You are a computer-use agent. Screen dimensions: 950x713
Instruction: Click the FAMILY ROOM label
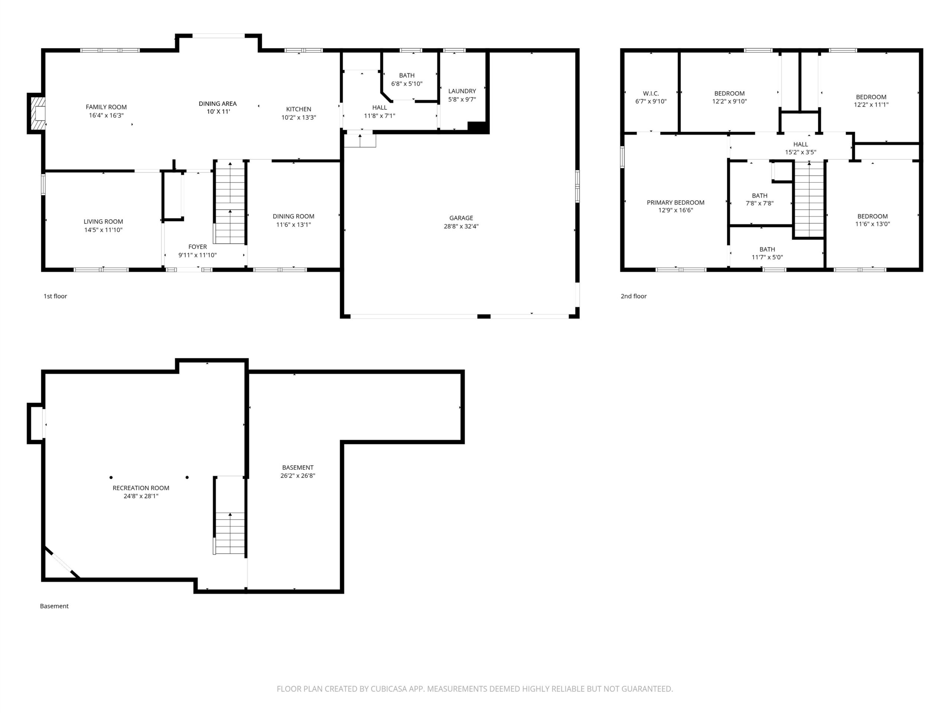[106, 107]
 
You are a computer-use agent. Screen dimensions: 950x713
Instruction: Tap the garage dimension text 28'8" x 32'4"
[461, 227]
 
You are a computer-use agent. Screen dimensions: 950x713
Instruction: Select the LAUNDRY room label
[462, 91]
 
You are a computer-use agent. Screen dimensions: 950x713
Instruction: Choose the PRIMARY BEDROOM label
[675, 202]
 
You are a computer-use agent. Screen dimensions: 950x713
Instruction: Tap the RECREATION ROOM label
[141, 488]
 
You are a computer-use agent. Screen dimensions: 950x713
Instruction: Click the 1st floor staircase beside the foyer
[230, 203]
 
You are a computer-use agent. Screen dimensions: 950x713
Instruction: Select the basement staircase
[230, 533]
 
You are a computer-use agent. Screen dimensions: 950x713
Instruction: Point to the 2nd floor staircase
[809, 199]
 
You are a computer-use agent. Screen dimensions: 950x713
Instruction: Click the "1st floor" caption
[55, 296]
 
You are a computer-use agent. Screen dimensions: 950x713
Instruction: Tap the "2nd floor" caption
[633, 296]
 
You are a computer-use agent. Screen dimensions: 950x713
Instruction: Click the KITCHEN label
[299, 109]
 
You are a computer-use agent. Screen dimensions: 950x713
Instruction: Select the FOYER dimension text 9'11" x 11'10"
[197, 255]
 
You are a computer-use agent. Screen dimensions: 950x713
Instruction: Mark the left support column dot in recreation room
[111, 478]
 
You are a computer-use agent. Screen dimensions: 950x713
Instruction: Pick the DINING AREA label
[218, 104]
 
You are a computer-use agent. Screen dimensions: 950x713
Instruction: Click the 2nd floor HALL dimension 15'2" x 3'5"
[800, 152]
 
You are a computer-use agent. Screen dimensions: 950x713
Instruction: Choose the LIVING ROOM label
[104, 222]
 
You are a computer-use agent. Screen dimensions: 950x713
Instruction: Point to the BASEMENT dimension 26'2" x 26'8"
[298, 476]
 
